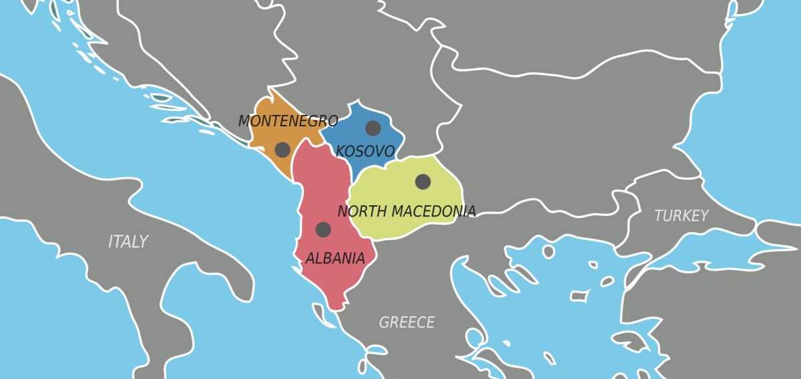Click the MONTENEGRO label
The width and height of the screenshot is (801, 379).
pos(288,122)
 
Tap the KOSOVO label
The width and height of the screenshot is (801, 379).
pos(365,152)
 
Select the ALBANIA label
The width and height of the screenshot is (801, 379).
pos(335,259)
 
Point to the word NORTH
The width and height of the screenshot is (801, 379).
pos(362,212)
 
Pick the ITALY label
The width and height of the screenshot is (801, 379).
pos(128,242)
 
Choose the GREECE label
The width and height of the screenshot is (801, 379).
pos(407,323)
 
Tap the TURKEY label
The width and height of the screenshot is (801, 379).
pos(681,216)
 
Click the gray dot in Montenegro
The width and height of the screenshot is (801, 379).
pos(282,150)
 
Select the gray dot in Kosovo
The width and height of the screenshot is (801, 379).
pos(373,128)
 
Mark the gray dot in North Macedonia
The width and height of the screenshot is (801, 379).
pos(423,181)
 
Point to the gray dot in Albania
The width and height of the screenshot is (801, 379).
pos(323,230)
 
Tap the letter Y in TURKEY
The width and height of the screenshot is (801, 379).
pos(704,216)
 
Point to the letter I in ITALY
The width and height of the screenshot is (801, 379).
pos(111,242)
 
